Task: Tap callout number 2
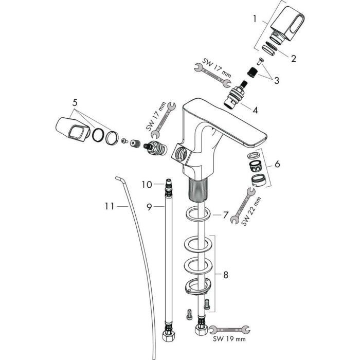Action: click(293, 58)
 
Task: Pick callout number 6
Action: click(277, 164)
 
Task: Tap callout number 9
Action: click(149, 207)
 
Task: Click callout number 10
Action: click(146, 184)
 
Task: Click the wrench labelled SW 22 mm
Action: click(242, 206)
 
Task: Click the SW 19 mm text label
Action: click(229, 339)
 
